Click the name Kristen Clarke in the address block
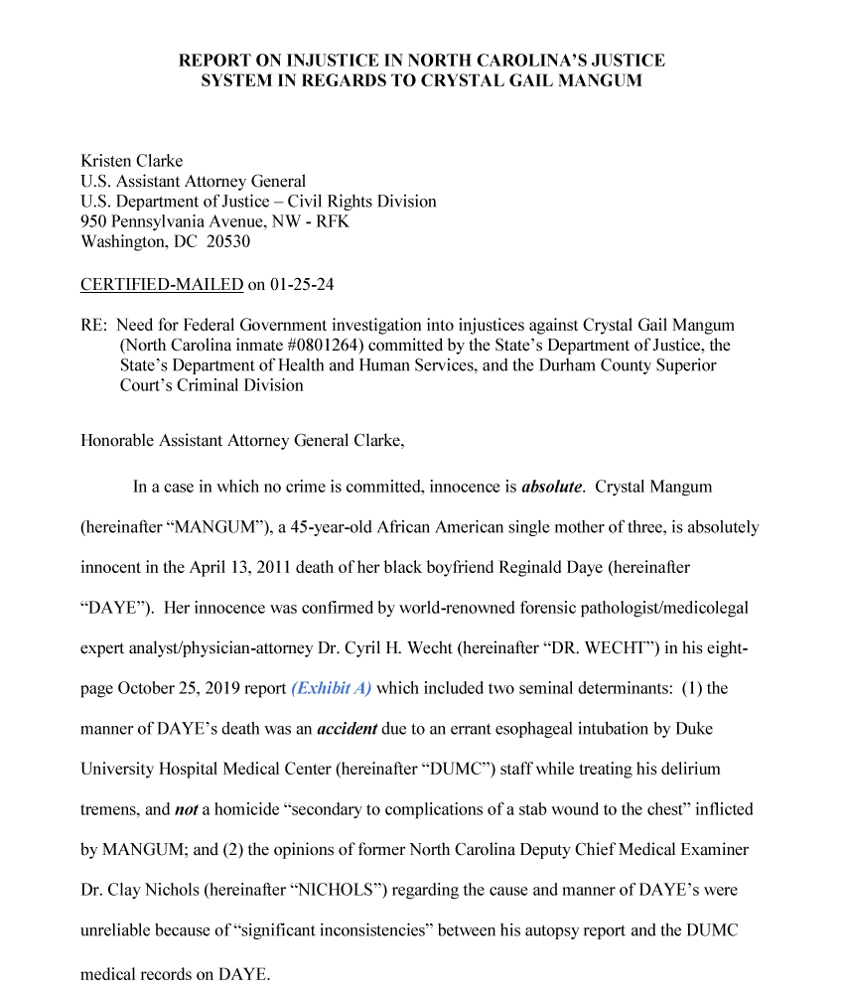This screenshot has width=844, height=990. coord(131,161)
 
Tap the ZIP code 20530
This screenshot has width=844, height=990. coord(228,241)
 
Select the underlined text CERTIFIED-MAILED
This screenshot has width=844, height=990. coord(162,285)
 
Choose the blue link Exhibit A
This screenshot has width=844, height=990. coord(332,688)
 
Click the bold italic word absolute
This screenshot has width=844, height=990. coord(552,488)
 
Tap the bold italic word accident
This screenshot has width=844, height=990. coord(348,729)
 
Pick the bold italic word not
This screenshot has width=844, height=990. coord(187,809)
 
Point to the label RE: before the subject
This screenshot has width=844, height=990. coord(94,326)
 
